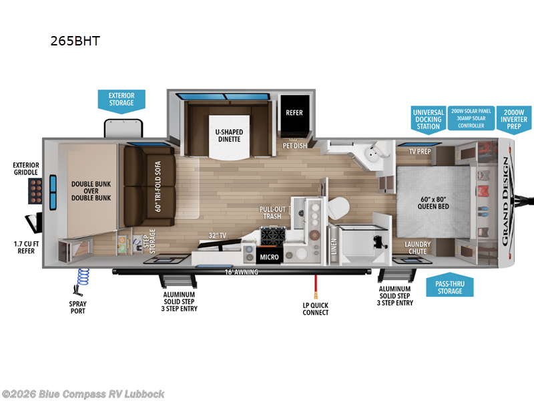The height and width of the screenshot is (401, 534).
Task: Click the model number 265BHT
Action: coord(75,40)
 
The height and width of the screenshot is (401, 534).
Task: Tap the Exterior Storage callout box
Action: coord(121,99)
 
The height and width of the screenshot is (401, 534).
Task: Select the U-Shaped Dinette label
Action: coord(229,136)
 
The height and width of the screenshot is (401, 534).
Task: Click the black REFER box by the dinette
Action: coord(294,113)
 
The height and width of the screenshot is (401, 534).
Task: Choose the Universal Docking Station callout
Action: coord(427,119)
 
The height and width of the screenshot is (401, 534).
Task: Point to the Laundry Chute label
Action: coord(417,248)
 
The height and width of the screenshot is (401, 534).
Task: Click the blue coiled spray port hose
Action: coord(83,277)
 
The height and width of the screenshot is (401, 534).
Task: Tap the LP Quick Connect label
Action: coord(315,309)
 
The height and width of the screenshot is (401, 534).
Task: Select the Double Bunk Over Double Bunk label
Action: coord(91,191)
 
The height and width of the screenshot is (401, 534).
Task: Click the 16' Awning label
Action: coord(240,271)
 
